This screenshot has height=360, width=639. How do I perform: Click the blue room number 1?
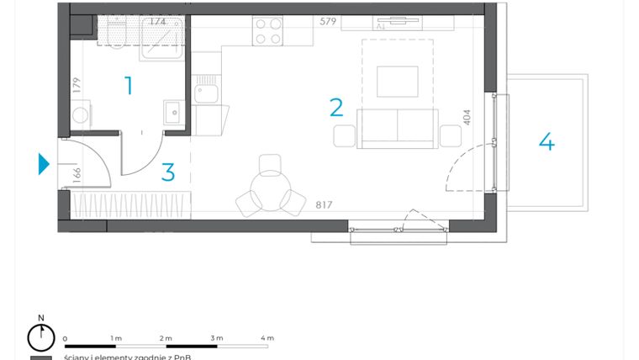129,85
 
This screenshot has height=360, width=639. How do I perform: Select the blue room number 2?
336,107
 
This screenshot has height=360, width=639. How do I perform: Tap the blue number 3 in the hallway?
168,172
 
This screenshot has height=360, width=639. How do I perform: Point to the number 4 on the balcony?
547,141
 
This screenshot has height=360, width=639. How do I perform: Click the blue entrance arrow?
45,163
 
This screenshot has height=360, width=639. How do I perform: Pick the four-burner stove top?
268,31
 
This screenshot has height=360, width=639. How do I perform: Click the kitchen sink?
206,90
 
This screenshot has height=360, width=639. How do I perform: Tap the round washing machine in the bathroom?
80,114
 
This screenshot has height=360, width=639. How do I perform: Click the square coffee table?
397,81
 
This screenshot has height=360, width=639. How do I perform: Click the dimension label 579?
328,22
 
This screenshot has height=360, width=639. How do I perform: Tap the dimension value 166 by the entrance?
77,175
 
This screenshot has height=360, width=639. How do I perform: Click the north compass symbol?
40,337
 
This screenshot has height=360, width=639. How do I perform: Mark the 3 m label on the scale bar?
216,338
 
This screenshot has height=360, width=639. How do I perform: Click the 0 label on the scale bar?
65,338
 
